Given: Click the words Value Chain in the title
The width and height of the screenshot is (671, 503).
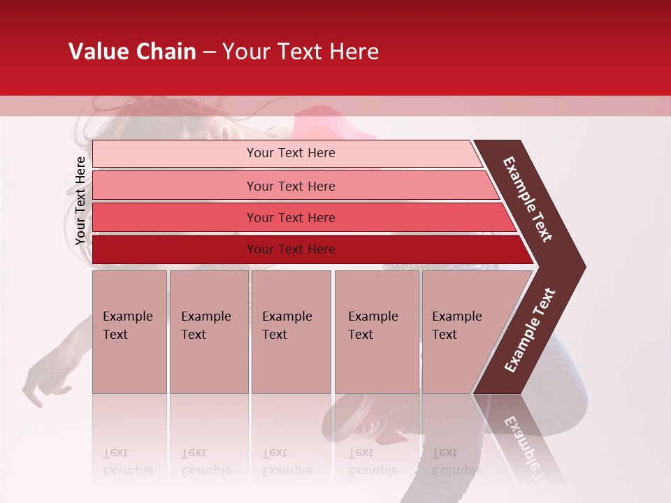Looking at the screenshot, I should tap(132, 52).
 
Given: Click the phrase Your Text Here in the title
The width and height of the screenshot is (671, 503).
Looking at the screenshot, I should tap(301, 52).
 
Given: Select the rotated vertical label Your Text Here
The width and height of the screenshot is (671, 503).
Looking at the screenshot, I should tap(80, 201).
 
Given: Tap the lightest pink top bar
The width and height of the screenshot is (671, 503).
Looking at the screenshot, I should tap(290, 153).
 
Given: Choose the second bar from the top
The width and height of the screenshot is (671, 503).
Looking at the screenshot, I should tap(290, 186).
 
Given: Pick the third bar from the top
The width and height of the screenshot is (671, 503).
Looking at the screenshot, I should tap(290, 217).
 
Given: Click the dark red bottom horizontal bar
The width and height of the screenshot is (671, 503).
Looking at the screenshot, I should tap(290, 249).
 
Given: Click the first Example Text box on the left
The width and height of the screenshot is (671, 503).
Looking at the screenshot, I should tap(129, 332).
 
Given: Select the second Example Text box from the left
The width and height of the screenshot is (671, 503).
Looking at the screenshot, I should tap(208, 332).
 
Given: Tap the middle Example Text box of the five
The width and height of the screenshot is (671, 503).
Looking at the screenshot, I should tap(291, 332).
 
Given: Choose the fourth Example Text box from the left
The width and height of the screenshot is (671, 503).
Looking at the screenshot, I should tap(376, 332).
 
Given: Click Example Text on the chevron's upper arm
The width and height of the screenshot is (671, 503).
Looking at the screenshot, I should tap(528, 199).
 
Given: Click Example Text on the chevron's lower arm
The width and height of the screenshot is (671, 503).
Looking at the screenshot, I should tap(530, 330).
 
